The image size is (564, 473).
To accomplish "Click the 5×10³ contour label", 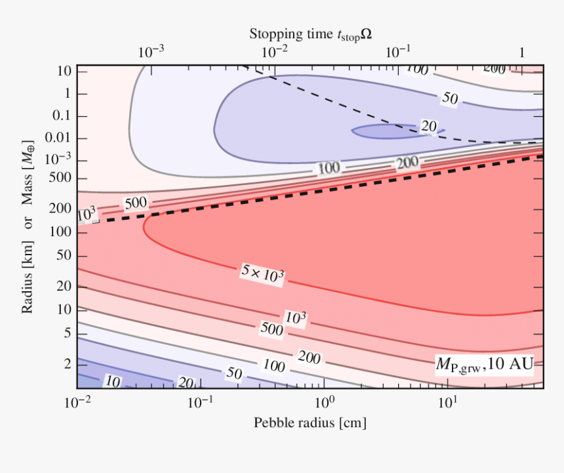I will pos(262,273).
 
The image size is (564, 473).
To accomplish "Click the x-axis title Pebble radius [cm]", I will pos(310,423).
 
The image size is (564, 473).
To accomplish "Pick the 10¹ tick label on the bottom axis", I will pos(447,401).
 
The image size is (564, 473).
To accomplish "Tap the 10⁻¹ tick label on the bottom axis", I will pos(201,401).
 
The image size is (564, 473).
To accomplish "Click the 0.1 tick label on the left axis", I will pos(61,116).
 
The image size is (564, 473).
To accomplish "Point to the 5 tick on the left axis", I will pos(66,333).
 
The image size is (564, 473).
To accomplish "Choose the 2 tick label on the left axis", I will pos(66,363).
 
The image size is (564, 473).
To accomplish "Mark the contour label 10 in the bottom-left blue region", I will pos(113,381).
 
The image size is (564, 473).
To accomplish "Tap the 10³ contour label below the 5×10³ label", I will pos(296,318).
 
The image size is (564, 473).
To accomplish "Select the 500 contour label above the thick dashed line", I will pos(136,202).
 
